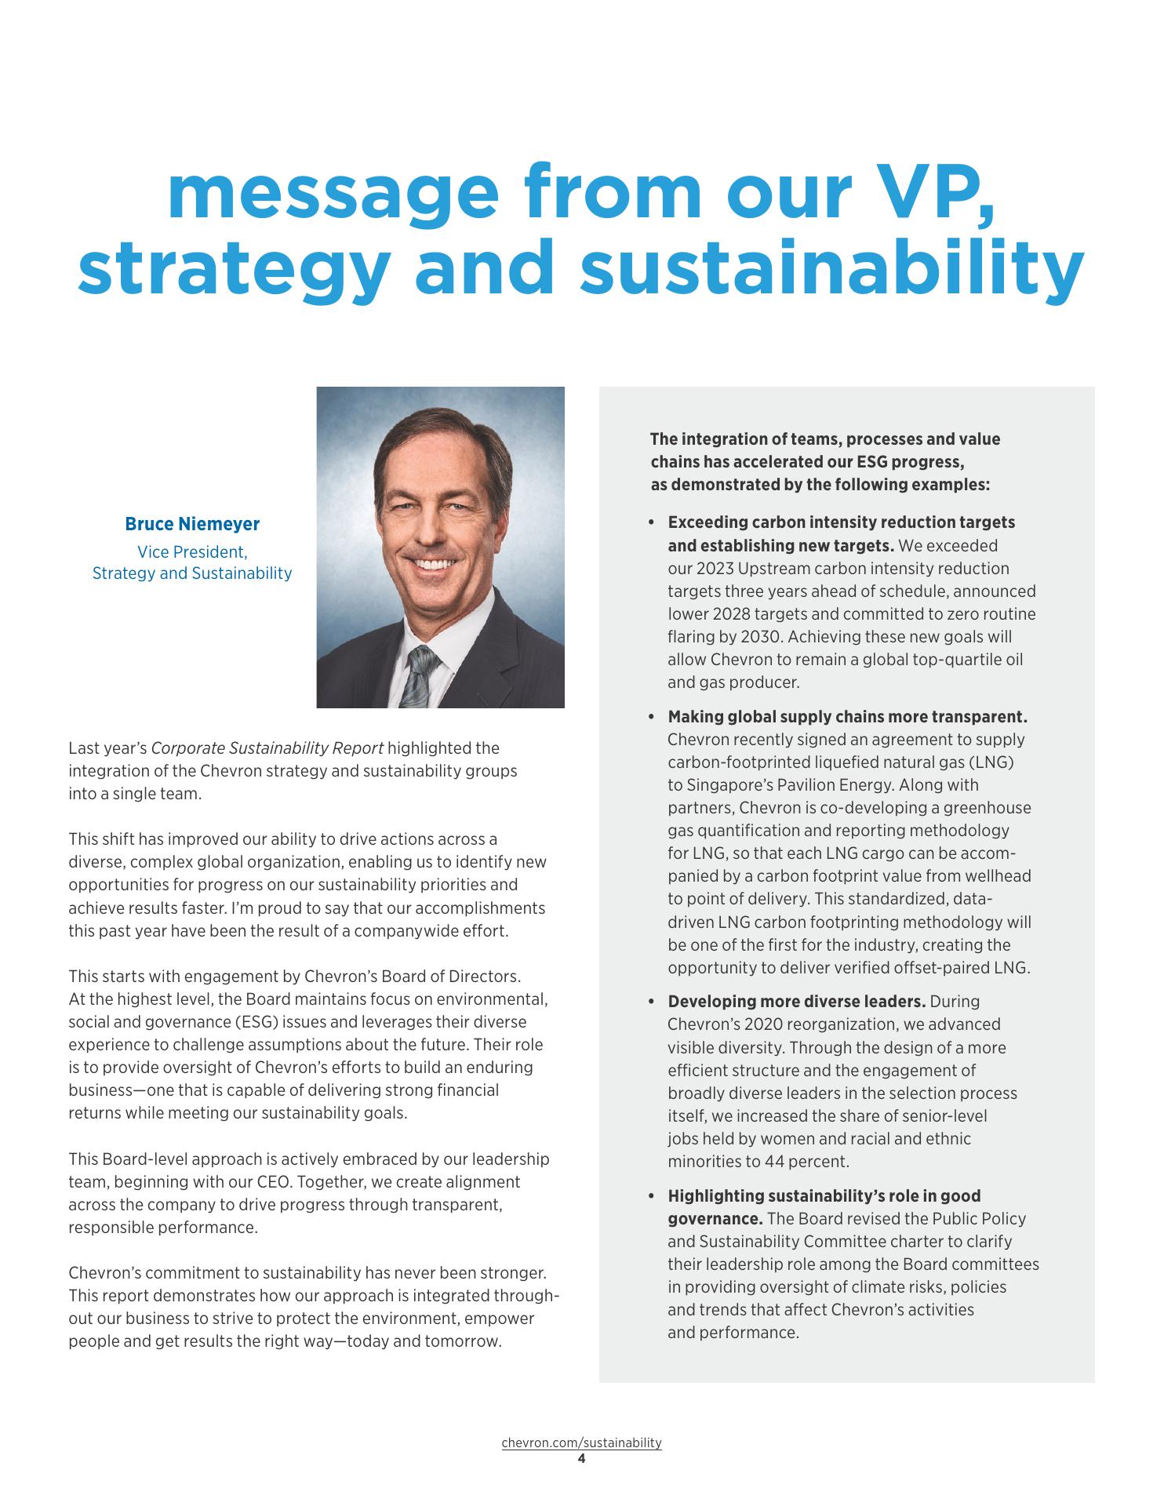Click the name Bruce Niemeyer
click(x=192, y=524)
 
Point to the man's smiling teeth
click(x=434, y=564)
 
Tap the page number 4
click(x=581, y=1459)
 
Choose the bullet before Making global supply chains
click(x=651, y=717)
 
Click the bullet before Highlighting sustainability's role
click(x=651, y=1196)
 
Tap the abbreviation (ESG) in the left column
click(x=281, y=1022)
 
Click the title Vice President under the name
click(x=192, y=551)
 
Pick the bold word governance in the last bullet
click(x=715, y=1219)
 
